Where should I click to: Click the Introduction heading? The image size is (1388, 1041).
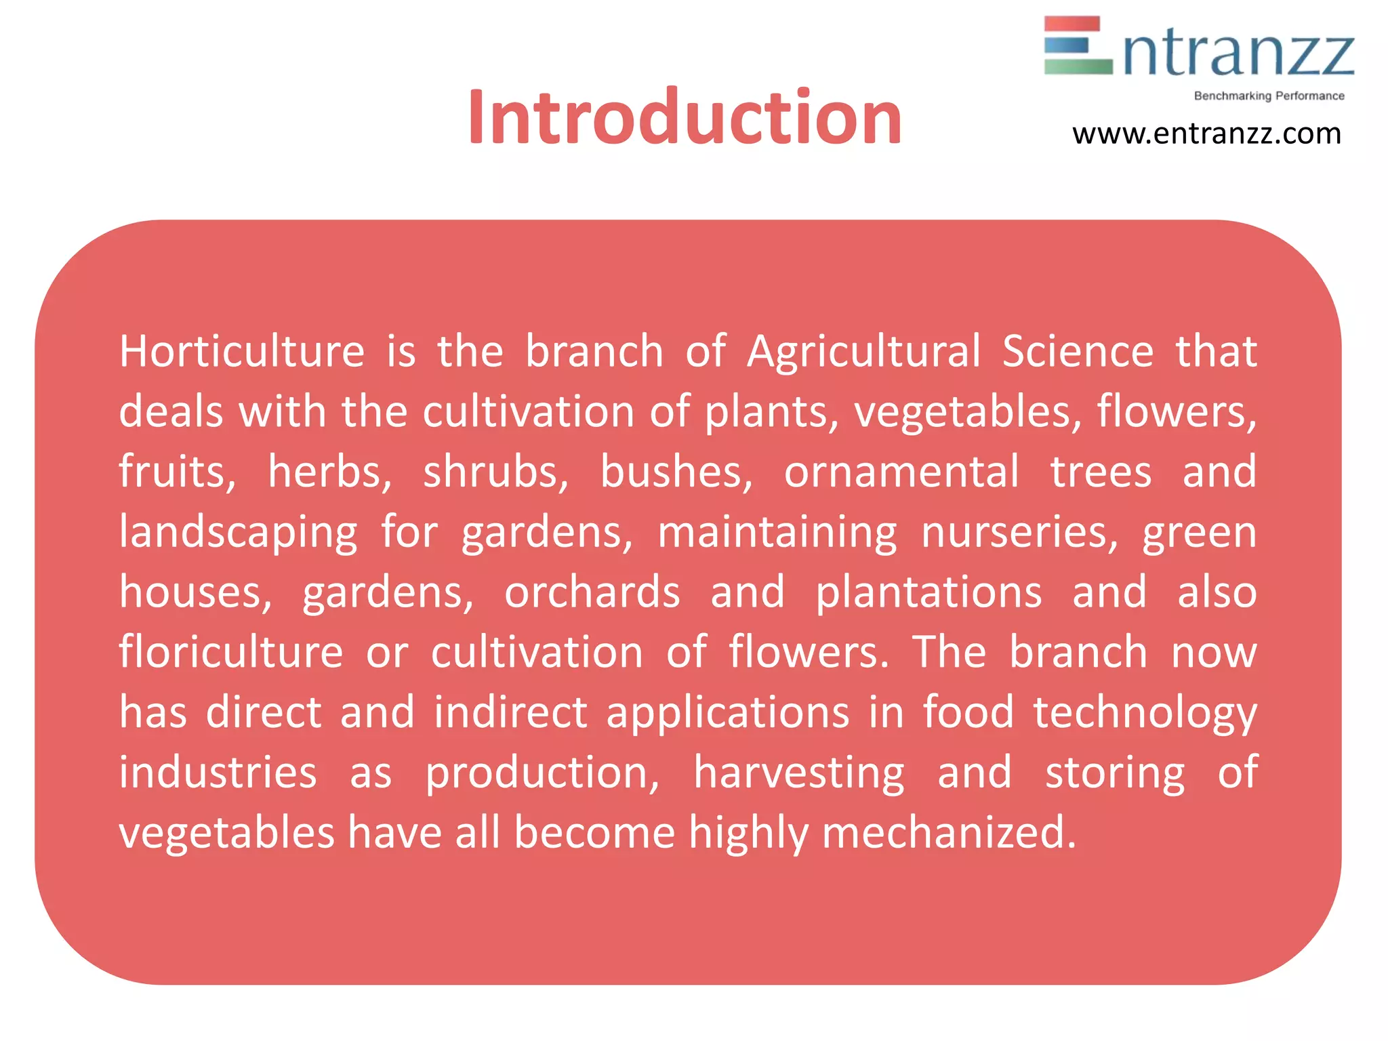685,118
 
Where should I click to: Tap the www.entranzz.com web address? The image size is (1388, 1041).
1206,134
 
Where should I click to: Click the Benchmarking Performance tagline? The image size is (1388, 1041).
1269,96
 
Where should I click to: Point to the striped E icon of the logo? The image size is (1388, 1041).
1078,45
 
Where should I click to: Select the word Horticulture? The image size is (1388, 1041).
242,352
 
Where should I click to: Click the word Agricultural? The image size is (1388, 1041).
863,352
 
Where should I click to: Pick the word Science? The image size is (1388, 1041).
1078,352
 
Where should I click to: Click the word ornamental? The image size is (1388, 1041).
901,472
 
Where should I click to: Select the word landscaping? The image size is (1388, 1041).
238,533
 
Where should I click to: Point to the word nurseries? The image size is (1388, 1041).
1019,533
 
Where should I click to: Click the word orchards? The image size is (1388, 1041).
592,592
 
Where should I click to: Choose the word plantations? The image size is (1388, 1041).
928,592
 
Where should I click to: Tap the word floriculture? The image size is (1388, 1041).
231,653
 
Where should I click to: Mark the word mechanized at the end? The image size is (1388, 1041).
949,833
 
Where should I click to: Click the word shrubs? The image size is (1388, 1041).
495,472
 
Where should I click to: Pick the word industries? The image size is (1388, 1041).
218,773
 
